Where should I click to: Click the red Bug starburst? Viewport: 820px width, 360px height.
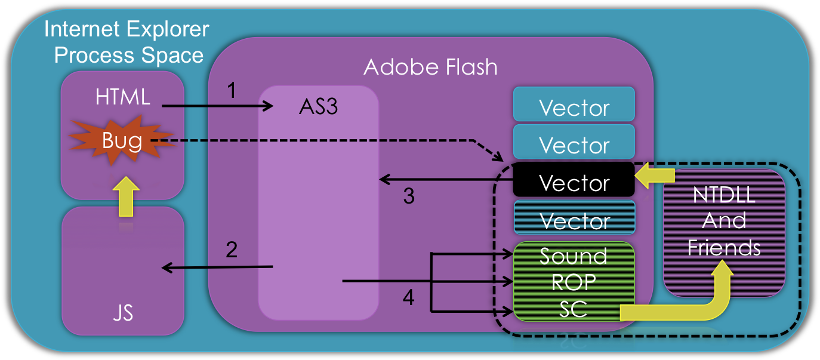pyautogui.click(x=122, y=141)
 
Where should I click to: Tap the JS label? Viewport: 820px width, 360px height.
pyautogui.click(x=122, y=313)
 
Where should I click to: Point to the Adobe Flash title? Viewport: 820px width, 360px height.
pyautogui.click(x=430, y=67)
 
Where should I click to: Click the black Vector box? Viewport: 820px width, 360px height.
pyautogui.click(x=574, y=183)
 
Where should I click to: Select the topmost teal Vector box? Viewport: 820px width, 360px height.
pyautogui.click(x=574, y=107)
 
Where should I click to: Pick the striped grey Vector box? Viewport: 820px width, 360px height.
pyautogui.click(x=574, y=220)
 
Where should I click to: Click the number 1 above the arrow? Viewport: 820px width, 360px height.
pyautogui.click(x=232, y=91)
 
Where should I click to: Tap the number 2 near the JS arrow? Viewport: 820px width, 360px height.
pyautogui.click(x=232, y=249)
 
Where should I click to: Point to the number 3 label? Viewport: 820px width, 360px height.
pyautogui.click(x=409, y=196)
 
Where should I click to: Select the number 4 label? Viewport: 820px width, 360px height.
pyautogui.click(x=409, y=297)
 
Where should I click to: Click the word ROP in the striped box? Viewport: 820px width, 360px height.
pyautogui.click(x=574, y=282)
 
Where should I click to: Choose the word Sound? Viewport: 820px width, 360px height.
pyautogui.click(x=574, y=256)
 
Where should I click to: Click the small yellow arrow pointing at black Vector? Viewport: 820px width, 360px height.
pyautogui.click(x=655, y=176)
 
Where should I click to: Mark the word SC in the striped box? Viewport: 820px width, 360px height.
pyautogui.click(x=574, y=308)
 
